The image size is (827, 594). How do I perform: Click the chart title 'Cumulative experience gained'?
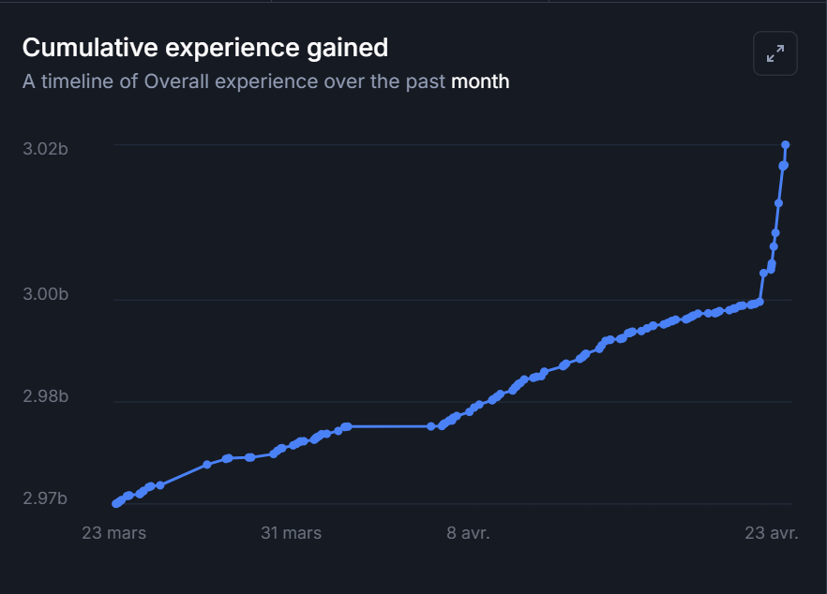coord(204,47)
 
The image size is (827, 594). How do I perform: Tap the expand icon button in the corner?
coord(775,53)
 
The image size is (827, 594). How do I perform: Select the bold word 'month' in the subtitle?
coord(480,82)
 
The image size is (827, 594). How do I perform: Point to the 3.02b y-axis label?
coord(45,150)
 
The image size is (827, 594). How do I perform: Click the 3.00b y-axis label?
coord(45,295)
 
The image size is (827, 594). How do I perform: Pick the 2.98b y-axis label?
coord(45,397)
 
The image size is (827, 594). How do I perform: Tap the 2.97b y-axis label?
coord(45,498)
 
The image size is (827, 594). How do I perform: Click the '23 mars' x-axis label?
coord(114,533)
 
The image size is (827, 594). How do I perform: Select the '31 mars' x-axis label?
coord(291,533)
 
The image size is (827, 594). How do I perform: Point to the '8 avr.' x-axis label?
coord(468,533)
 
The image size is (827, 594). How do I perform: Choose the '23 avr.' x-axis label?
coord(771,533)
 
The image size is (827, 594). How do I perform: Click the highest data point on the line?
coord(786,144)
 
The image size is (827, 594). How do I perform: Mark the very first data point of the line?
coord(115,504)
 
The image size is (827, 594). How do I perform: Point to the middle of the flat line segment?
coord(389,426)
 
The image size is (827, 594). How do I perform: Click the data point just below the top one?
coord(784,166)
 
